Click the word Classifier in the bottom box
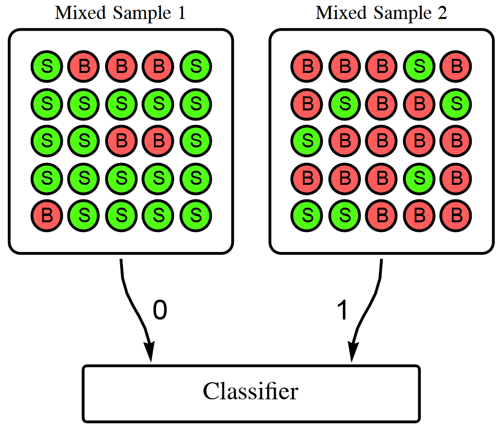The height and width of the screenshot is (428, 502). pos(251,391)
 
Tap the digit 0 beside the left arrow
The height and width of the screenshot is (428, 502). pos(160,310)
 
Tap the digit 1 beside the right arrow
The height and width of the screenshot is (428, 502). pos(342,310)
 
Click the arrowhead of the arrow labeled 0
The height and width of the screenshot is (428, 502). pos(149,352)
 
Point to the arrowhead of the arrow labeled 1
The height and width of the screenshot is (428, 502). pos(353,352)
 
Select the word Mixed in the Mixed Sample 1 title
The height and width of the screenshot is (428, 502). pos(80,13)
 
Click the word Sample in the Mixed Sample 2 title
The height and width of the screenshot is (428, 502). pos(403,14)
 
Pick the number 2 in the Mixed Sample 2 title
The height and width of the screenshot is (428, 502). pos(443,13)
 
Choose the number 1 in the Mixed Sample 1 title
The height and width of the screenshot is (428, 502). pos(181,13)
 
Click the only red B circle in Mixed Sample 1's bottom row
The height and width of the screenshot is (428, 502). pos(47,215)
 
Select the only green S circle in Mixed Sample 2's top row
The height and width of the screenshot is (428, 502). pos(419,67)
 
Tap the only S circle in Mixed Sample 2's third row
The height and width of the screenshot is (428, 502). pos(307,141)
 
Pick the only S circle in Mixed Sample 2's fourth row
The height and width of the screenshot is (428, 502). pos(419,178)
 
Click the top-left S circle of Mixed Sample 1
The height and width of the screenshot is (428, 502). pos(47,67)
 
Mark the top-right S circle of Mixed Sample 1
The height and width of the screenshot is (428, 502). pos(196,67)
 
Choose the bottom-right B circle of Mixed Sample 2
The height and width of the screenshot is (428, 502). pos(456,215)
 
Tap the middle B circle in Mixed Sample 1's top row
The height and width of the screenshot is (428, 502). pos(121,67)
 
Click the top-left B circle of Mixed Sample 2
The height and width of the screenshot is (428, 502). pos(307,67)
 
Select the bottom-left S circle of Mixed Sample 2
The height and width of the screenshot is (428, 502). pos(307,215)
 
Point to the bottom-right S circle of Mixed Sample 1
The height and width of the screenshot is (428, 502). pos(196,215)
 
